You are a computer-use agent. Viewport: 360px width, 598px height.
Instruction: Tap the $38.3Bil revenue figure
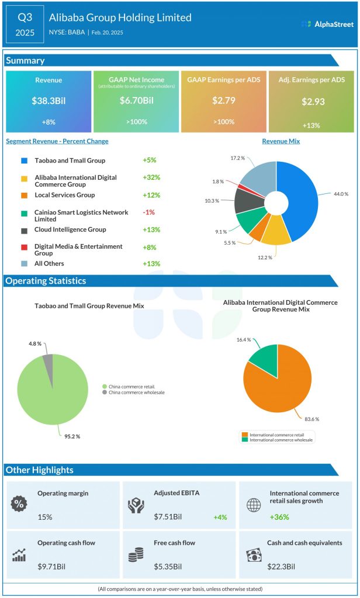(49, 101)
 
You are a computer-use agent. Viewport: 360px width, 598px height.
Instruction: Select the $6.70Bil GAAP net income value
(136, 101)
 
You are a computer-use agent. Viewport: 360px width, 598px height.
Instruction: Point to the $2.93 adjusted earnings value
(311, 102)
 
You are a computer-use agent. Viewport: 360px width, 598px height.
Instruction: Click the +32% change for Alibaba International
(151, 178)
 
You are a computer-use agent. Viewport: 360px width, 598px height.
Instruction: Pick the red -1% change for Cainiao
(148, 212)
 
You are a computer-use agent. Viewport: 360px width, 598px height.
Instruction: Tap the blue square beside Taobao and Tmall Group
(24, 160)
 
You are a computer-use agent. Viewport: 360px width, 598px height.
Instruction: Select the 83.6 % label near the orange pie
(312, 418)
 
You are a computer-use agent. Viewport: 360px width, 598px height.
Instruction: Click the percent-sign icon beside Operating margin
(20, 503)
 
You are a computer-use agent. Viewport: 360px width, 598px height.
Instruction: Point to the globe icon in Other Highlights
(253, 505)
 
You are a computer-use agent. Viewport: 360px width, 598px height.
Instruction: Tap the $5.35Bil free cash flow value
(168, 566)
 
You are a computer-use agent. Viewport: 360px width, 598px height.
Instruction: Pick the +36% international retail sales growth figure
(279, 517)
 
